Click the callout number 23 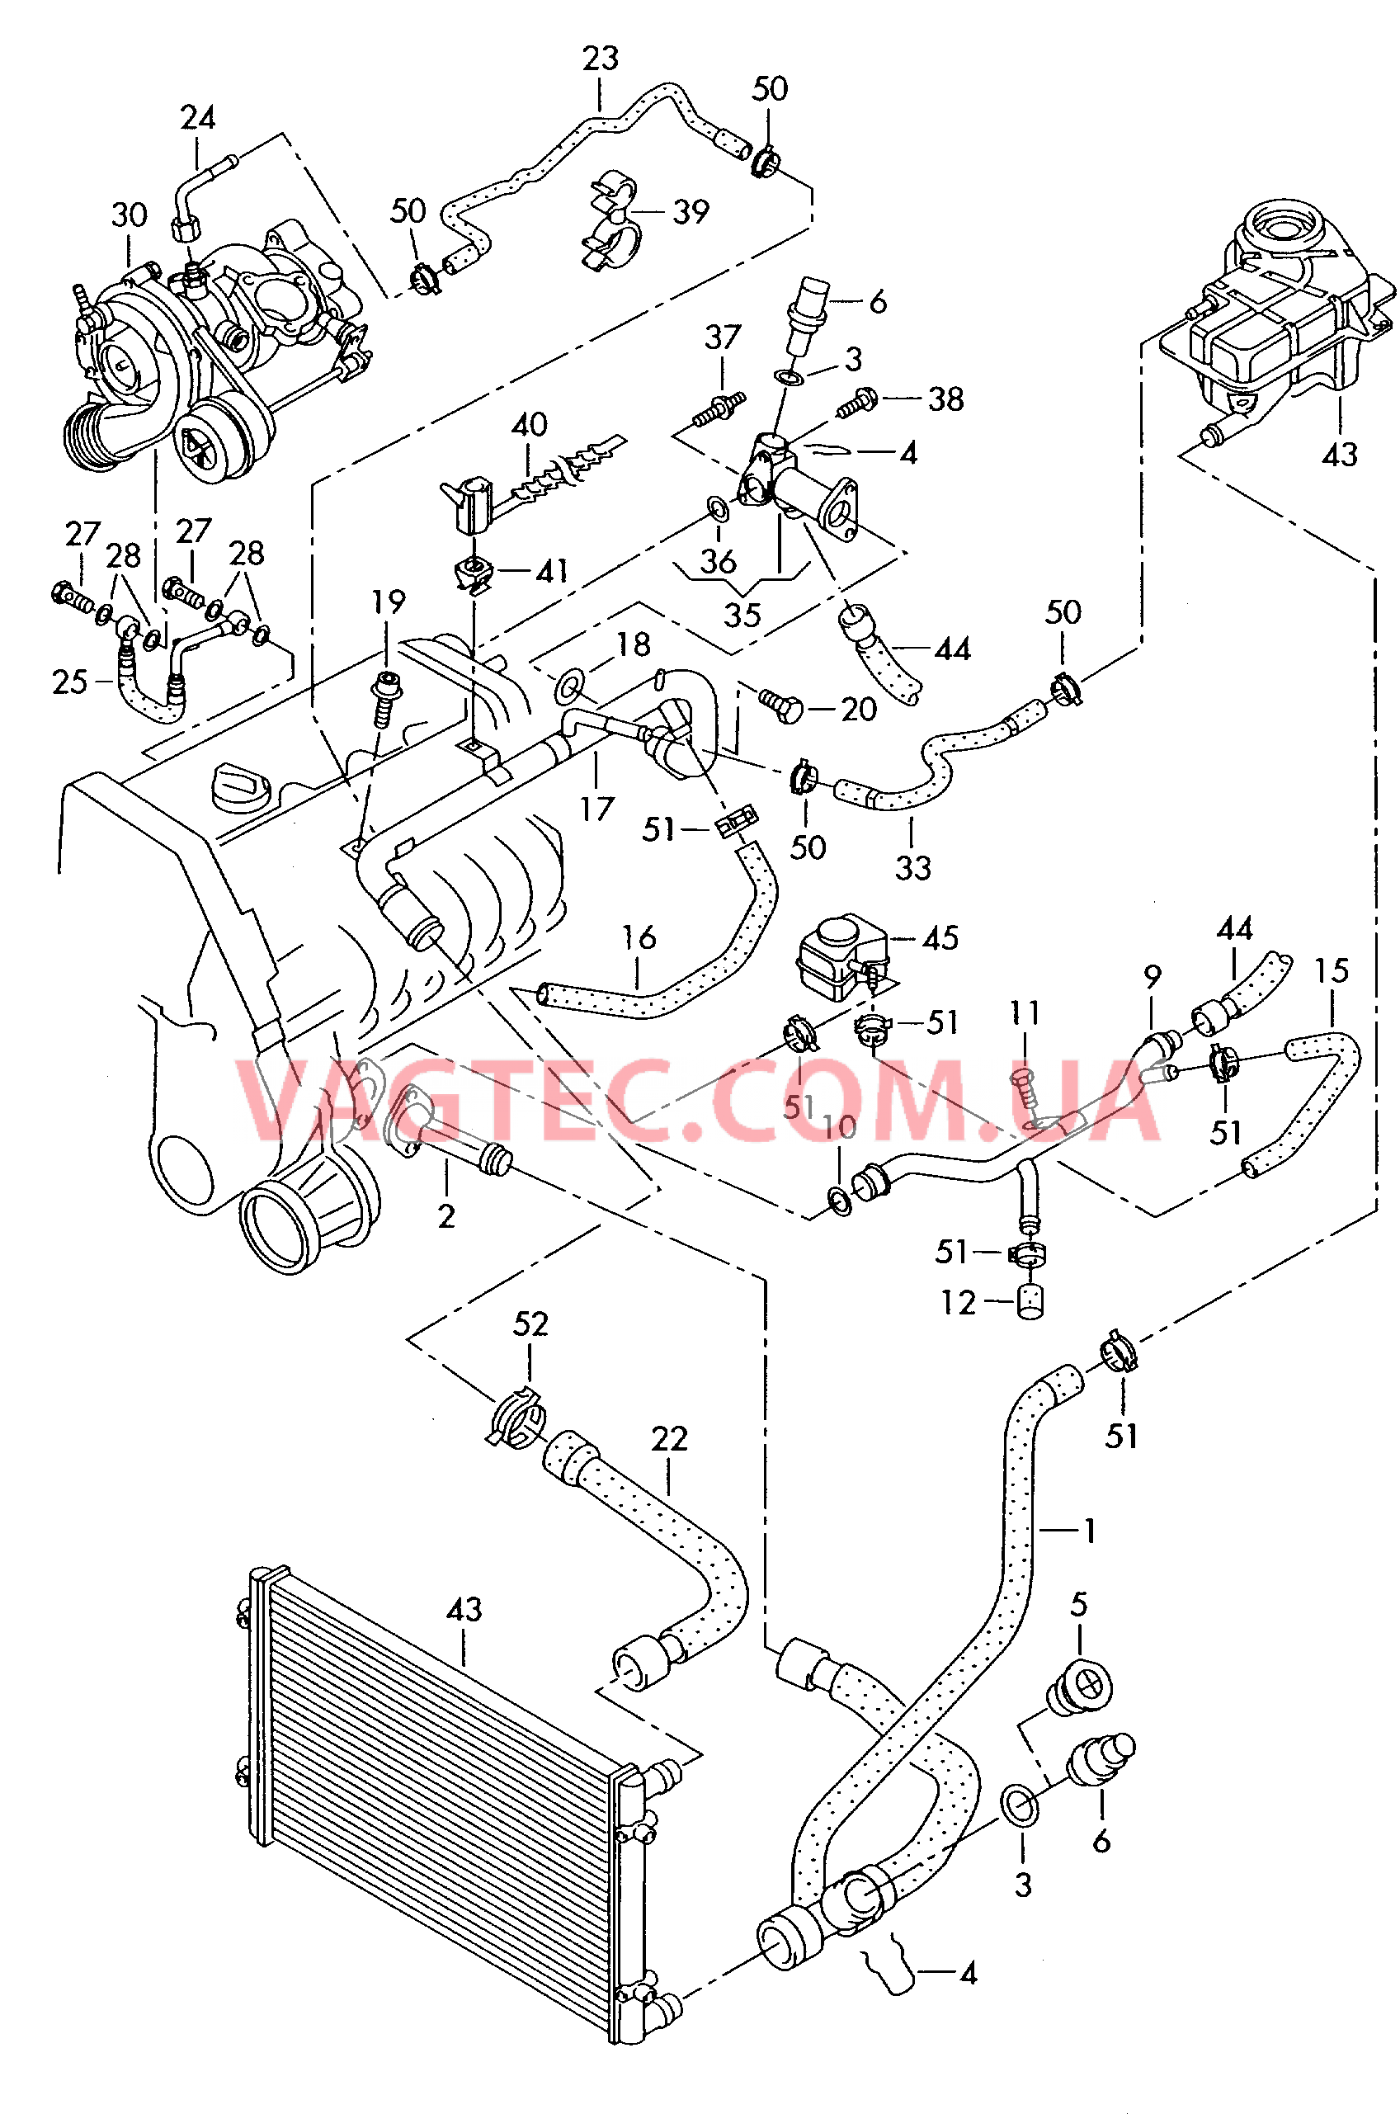(x=600, y=59)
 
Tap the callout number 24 (x=197, y=118)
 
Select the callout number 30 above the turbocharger (x=129, y=215)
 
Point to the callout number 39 (x=691, y=212)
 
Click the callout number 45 (x=940, y=938)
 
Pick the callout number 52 (x=530, y=1324)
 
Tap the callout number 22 (x=669, y=1439)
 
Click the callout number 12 (x=958, y=1304)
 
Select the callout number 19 (x=389, y=602)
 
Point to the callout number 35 (x=742, y=615)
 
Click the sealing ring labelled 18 (x=569, y=687)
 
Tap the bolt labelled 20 (x=780, y=707)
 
